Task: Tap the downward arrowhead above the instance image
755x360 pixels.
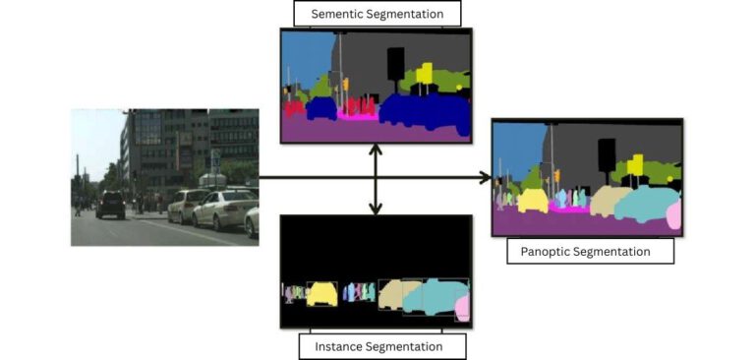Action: (376, 208)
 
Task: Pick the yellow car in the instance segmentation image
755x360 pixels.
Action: (322, 294)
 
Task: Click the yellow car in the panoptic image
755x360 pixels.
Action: (532, 201)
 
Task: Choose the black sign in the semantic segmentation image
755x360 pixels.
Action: (395, 64)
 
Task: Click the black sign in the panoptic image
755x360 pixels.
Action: (607, 154)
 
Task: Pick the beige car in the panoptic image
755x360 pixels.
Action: (603, 203)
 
